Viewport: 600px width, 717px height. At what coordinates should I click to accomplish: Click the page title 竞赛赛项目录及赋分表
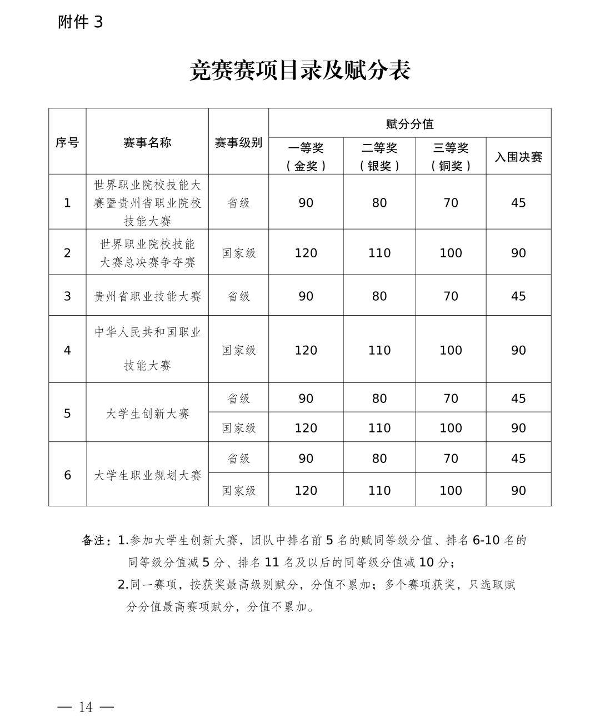[300, 71]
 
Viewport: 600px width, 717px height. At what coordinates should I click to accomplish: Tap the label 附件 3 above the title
[81, 22]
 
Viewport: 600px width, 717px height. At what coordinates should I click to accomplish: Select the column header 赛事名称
[147, 143]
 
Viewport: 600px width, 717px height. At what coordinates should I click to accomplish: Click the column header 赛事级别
[238, 143]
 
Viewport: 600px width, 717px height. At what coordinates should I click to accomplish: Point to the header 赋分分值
[409, 124]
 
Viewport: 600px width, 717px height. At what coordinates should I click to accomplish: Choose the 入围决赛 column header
[518, 157]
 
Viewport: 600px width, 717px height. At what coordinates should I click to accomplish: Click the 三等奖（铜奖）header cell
[451, 157]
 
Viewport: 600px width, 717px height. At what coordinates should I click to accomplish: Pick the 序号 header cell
[67, 143]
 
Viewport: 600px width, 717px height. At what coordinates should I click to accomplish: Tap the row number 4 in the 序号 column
[67, 350]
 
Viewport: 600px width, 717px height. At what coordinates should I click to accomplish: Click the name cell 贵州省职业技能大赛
[147, 296]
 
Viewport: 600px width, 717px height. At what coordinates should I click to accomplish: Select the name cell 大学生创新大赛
[147, 414]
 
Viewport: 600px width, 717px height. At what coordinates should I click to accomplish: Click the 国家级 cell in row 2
[239, 253]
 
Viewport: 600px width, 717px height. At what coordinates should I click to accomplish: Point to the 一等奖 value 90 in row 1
[306, 203]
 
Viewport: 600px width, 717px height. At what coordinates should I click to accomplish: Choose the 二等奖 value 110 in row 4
[379, 350]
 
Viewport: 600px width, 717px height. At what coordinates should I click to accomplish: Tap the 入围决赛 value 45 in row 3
[518, 296]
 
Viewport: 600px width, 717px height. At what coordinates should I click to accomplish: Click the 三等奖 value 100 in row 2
[451, 253]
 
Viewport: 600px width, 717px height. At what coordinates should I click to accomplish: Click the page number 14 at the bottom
[86, 691]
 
